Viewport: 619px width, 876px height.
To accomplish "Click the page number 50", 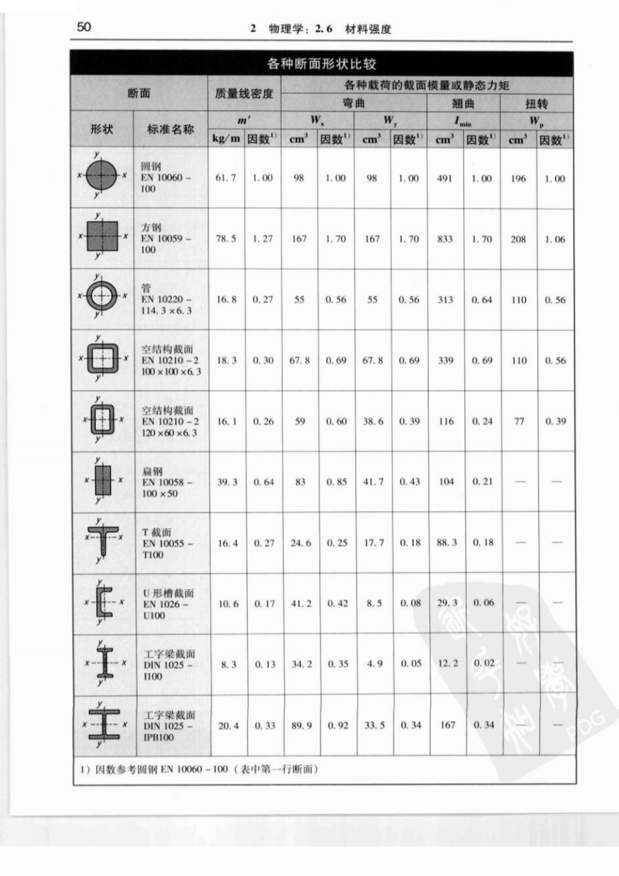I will (x=84, y=27).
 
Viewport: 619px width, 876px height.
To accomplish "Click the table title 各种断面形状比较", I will (x=321, y=64).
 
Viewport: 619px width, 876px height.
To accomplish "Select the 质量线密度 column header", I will (x=244, y=93).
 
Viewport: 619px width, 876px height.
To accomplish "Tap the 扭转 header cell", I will (x=536, y=104).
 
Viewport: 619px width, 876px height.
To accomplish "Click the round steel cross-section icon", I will (x=101, y=175).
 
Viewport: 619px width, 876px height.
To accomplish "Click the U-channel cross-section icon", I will (x=103, y=601).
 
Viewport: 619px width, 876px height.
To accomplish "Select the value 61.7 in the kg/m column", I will (x=226, y=178).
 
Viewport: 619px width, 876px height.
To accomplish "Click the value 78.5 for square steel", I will (x=226, y=239).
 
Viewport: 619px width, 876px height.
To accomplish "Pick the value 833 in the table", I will (x=445, y=239).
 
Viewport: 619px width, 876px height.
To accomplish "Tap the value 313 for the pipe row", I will (x=445, y=300).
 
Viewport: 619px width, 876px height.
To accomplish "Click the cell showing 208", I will (x=518, y=239).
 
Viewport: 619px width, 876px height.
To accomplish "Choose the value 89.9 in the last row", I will (x=301, y=725).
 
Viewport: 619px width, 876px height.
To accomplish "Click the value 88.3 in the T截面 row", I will (x=447, y=542).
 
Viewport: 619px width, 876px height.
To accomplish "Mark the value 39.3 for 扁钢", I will (x=227, y=482).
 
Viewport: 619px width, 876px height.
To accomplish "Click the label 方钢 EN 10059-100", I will (x=165, y=239).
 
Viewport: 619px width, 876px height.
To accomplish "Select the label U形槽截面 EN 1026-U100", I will (x=168, y=604).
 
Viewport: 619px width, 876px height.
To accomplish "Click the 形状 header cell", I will (x=102, y=129).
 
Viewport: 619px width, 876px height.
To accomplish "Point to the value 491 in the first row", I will (x=445, y=178).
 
